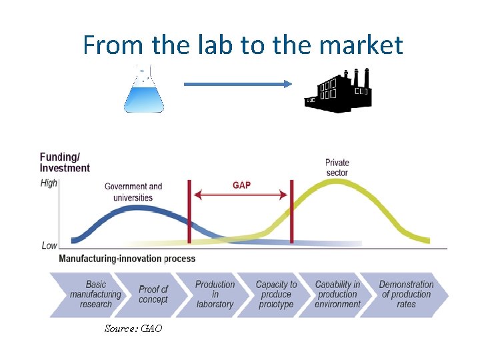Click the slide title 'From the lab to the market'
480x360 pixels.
point(243,45)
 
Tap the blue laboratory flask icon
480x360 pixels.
point(143,92)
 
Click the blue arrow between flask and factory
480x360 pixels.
point(238,84)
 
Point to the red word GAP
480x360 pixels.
point(241,185)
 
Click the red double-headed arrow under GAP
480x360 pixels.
point(241,195)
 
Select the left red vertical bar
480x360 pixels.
point(189,212)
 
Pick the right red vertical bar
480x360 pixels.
point(291,212)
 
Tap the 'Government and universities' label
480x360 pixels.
point(133,192)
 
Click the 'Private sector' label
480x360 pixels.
point(337,167)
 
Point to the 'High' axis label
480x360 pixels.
point(49,183)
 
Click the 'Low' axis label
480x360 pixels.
point(49,245)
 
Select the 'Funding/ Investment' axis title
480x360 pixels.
point(65,163)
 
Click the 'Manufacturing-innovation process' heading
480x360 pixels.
point(127,259)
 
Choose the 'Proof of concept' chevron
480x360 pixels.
point(153,294)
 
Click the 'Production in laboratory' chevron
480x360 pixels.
point(214,294)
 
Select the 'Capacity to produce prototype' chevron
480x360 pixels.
point(275,294)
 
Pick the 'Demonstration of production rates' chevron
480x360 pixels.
point(405,294)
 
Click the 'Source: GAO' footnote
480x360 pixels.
point(133,329)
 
